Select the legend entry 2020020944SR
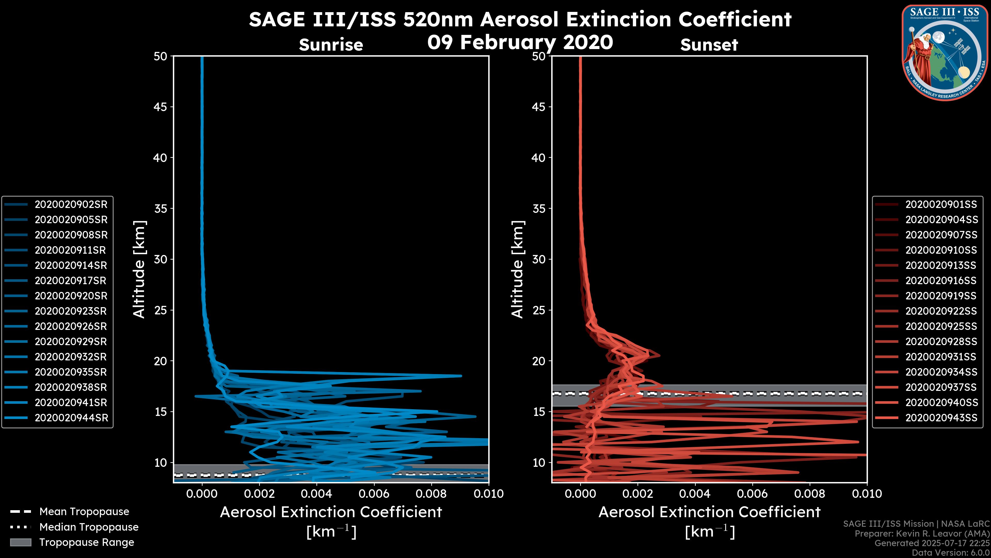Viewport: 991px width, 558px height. pos(71,418)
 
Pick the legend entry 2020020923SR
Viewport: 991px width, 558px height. pos(71,311)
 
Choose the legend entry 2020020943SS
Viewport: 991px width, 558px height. pos(941,418)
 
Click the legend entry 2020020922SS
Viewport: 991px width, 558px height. pos(941,311)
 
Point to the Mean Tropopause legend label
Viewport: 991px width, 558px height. pos(84,512)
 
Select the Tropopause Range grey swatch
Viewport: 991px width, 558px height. pos(21,542)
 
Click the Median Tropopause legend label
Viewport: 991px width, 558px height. pos(89,527)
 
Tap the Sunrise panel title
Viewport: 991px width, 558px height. pos(331,45)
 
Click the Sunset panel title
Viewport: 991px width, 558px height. pos(709,45)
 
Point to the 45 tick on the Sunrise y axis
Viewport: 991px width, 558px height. pos(161,107)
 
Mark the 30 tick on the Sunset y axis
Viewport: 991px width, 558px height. pos(539,259)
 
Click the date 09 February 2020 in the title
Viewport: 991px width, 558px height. pos(520,42)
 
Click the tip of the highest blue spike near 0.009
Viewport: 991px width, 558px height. pos(461,375)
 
